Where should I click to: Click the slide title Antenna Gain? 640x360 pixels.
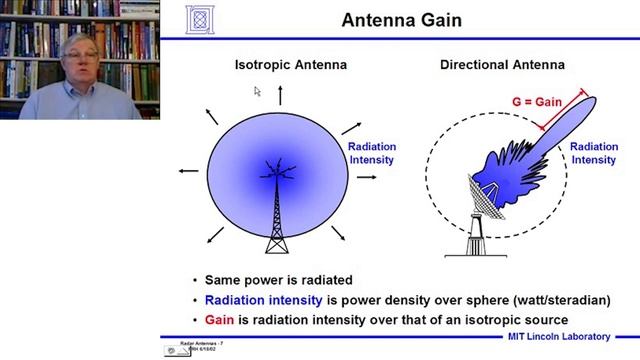pyautogui.click(x=401, y=20)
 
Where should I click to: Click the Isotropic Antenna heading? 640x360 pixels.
pyautogui.click(x=290, y=65)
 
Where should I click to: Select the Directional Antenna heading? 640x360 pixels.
pyautogui.click(x=502, y=65)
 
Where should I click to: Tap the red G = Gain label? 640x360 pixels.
pyautogui.click(x=536, y=102)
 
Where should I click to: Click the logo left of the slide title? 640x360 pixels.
pyautogui.click(x=200, y=19)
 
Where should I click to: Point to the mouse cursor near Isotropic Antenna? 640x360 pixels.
pyautogui.click(x=257, y=91)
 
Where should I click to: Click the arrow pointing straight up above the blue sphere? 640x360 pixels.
pyautogui.click(x=280, y=95)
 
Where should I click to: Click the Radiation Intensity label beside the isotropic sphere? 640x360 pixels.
pyautogui.click(x=371, y=153)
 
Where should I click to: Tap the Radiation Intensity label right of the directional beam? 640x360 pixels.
pyautogui.click(x=593, y=153)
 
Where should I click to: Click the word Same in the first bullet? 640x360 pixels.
pyautogui.click(x=222, y=281)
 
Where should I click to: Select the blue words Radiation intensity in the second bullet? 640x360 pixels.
pyautogui.click(x=263, y=300)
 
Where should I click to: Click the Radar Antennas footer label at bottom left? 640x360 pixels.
pyautogui.click(x=201, y=343)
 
